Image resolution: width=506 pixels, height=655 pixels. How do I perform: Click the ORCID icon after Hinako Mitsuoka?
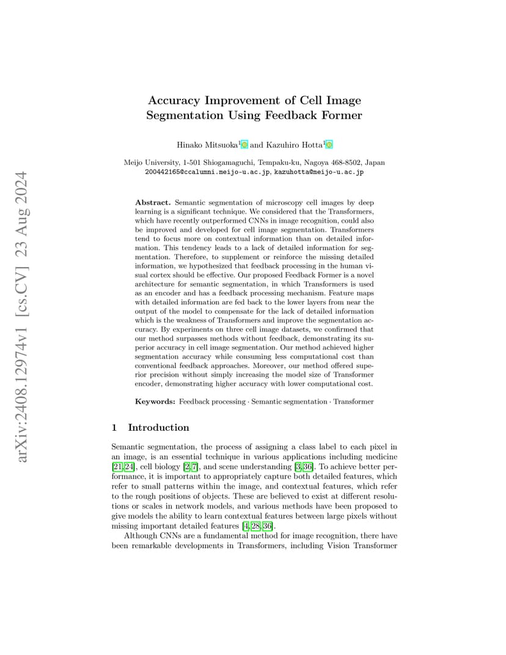(x=244, y=145)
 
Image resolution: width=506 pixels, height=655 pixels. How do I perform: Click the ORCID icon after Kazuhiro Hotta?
(x=329, y=145)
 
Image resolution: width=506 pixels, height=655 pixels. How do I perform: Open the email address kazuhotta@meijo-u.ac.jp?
(x=318, y=172)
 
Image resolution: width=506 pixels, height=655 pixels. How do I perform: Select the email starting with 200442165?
(x=207, y=172)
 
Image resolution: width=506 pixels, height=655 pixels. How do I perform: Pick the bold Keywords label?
(x=155, y=401)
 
